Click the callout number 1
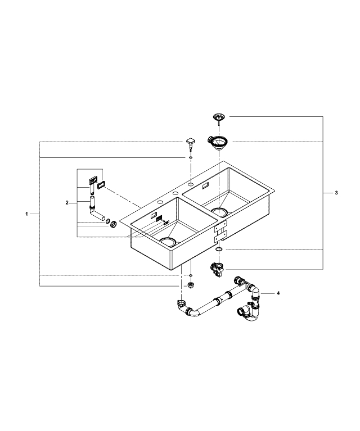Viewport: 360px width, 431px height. click(26, 214)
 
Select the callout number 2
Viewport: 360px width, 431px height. click(67, 202)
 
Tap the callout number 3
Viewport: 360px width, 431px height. click(336, 193)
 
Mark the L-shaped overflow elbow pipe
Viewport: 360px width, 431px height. click(94, 209)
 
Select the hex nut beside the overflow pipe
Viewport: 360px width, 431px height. click(113, 224)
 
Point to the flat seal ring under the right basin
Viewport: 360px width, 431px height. click(218, 248)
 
